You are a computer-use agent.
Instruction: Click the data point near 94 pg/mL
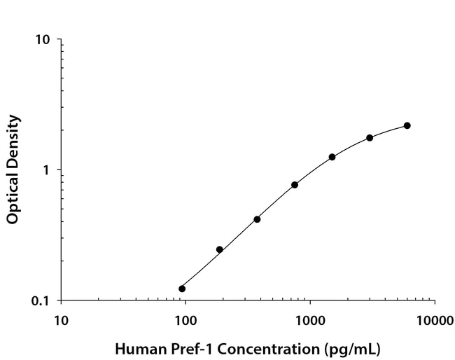point(182,289)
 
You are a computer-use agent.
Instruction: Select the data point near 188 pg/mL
point(220,249)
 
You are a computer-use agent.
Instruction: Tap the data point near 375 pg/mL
point(257,219)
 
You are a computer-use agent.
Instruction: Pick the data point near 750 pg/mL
point(295,185)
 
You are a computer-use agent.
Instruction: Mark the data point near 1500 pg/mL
point(332,157)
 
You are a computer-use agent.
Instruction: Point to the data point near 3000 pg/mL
point(370,138)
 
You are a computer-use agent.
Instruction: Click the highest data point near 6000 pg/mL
point(407,125)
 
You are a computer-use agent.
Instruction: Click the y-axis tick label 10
point(43,40)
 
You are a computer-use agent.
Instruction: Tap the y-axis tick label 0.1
point(41,301)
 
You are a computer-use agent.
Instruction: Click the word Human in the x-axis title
point(136,348)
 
